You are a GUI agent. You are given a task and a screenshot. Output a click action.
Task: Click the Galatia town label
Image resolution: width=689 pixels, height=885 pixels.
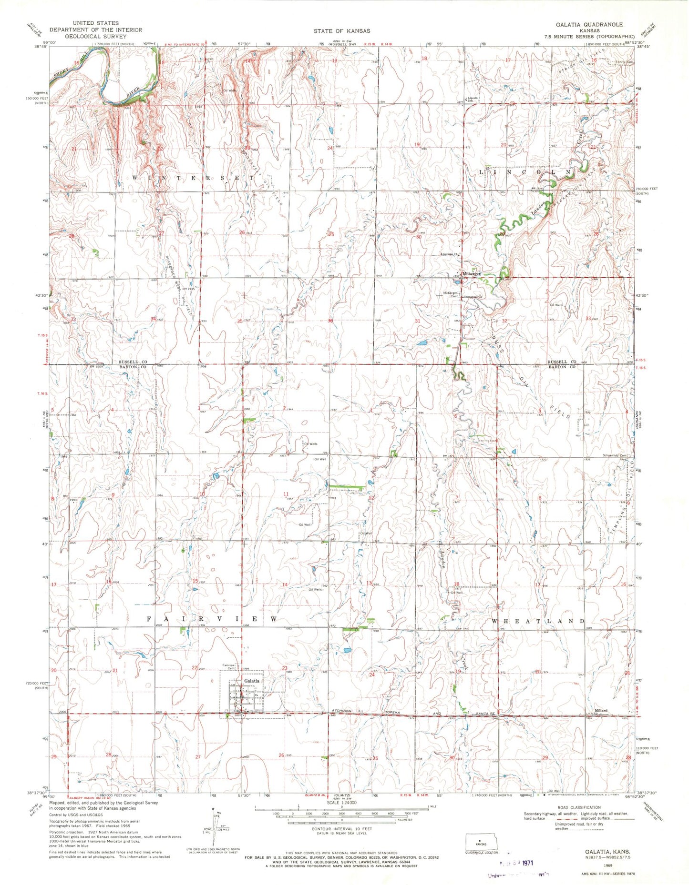pos(252,681)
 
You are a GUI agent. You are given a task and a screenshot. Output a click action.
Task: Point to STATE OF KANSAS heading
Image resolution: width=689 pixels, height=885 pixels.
pos(341,31)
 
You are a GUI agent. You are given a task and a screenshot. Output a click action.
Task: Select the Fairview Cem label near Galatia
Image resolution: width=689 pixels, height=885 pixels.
pos(229,667)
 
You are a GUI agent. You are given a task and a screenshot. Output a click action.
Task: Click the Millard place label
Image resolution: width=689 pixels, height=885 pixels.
pos(600,710)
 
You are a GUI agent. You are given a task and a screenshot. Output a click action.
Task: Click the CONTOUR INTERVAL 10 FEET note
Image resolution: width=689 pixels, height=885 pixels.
pos(341,828)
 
